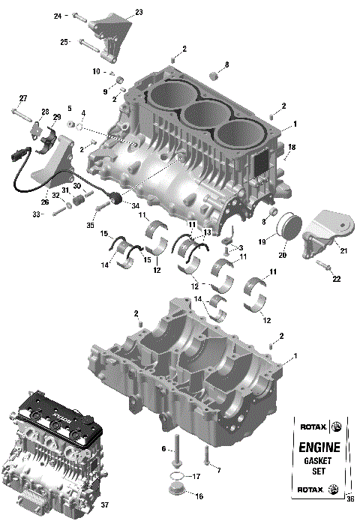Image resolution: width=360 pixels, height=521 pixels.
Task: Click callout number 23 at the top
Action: tap(138, 12)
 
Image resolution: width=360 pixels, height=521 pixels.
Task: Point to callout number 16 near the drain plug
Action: tap(198, 496)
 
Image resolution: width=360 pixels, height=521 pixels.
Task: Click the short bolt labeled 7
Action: tap(205, 454)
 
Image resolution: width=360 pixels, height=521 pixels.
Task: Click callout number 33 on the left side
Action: tap(34, 214)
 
